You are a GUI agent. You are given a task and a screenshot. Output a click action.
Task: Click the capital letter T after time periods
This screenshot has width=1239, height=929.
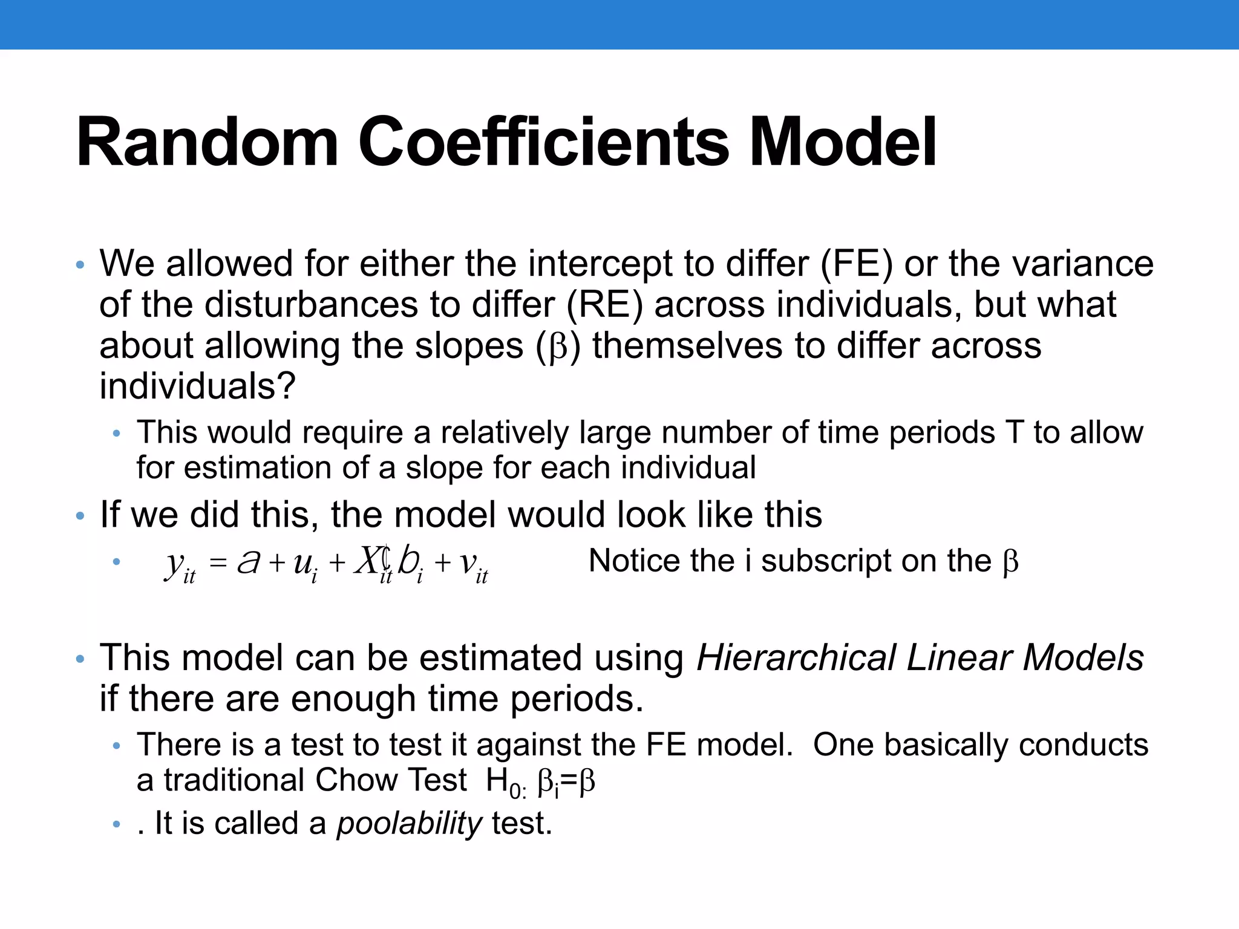click(1014, 433)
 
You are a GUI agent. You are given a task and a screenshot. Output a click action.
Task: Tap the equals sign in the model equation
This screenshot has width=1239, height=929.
click(217, 564)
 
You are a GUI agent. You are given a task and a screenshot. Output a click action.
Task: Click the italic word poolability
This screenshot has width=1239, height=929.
click(409, 824)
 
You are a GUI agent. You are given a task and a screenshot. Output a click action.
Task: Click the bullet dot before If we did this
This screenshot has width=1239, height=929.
click(80, 517)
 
